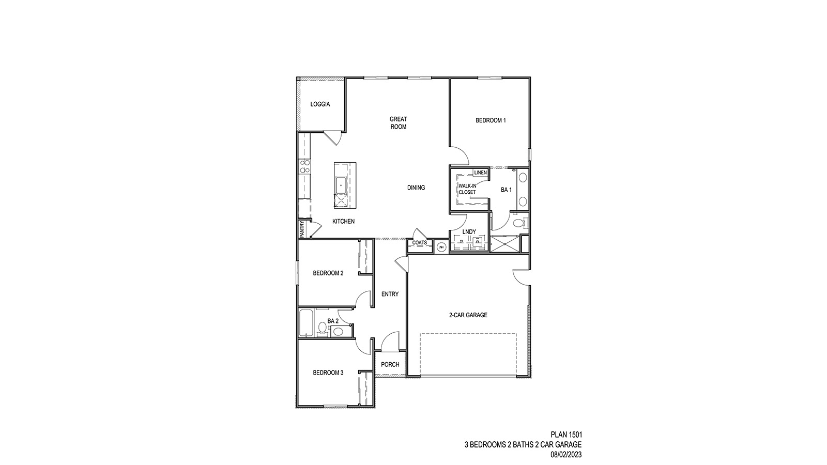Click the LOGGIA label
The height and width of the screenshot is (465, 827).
[320, 104]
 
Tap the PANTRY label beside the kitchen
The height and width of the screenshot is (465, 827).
[301, 229]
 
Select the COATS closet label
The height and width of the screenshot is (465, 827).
[419, 243]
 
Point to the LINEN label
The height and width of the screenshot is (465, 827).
[480, 173]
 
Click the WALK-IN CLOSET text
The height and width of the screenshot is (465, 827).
[467, 189]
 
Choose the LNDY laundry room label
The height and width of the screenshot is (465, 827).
[469, 232]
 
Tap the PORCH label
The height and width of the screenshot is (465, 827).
[390, 364]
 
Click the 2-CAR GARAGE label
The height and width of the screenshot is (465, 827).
[468, 315]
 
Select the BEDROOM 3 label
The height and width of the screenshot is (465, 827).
[328, 373]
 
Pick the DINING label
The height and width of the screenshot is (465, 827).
[416, 188]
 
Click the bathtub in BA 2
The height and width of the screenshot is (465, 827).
[305, 323]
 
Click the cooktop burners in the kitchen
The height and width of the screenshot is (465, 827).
[304, 167]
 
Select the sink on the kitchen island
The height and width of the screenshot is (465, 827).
[342, 184]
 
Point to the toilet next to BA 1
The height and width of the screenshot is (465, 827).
[519, 223]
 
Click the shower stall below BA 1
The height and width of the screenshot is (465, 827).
[504, 244]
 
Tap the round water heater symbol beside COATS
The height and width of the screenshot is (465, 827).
[441, 247]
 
